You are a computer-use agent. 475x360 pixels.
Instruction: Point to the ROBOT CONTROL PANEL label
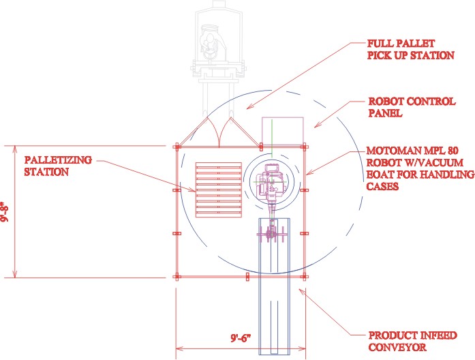pos(411,108)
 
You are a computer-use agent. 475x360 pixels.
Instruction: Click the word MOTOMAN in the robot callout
pos(393,151)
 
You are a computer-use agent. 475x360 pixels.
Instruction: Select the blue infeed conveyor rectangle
pos(275,286)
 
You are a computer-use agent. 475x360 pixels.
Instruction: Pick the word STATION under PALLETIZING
pos(46,172)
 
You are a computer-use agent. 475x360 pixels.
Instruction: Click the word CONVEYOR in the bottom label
pos(397,347)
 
